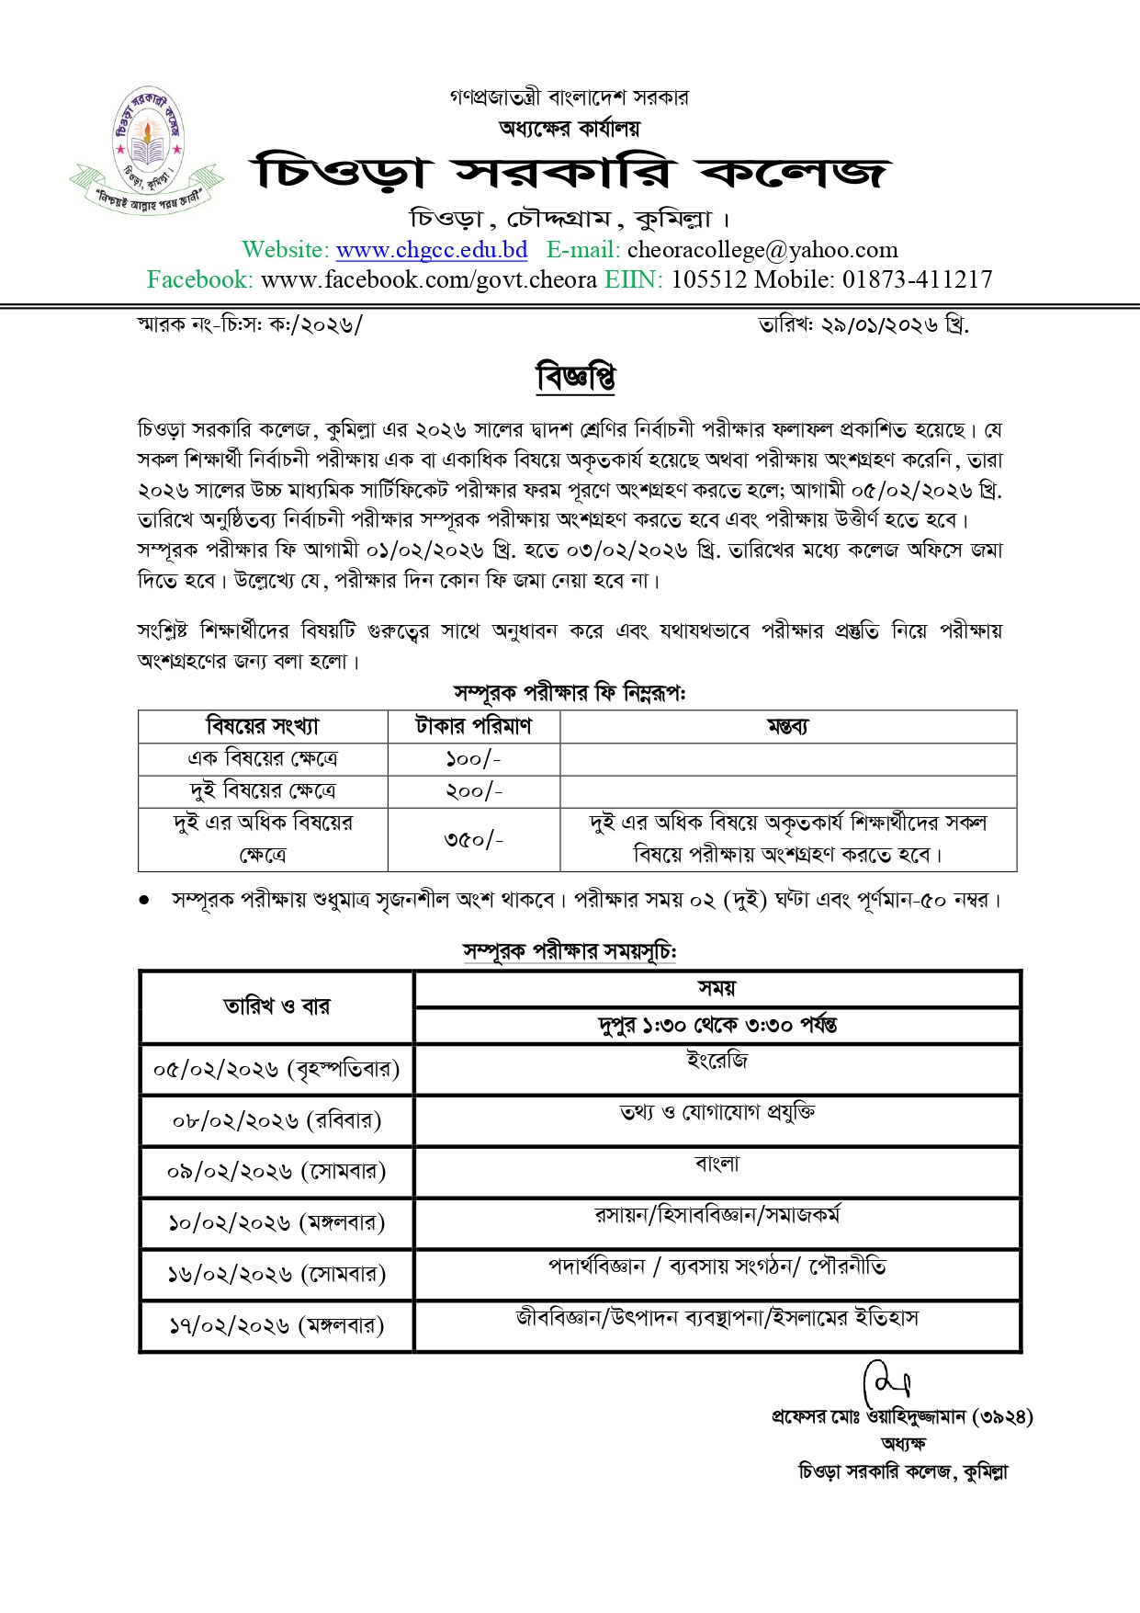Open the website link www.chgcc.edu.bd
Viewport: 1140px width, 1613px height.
pos(432,250)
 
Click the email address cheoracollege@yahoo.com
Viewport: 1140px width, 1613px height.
pos(762,250)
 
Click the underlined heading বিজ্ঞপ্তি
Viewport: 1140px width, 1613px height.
pos(576,377)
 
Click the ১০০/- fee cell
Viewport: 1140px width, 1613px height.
pos(473,759)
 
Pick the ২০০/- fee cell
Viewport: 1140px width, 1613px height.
pos(473,791)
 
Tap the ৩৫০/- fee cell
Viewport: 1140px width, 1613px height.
pos(473,839)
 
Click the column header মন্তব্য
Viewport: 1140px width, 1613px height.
pos(787,726)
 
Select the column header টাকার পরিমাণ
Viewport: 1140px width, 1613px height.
pos(473,726)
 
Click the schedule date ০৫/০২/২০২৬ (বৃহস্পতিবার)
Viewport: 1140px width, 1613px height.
pos(277,1069)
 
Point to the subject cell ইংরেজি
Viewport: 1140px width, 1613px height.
pos(717,1062)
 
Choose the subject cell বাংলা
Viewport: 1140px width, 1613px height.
pos(717,1164)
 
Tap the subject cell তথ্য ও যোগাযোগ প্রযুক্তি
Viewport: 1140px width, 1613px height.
pos(717,1113)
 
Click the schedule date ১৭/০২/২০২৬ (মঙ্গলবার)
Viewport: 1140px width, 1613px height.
pos(277,1325)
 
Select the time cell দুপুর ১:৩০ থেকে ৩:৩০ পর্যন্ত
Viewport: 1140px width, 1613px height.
pos(717,1025)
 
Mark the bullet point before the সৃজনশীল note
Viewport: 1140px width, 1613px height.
pos(144,901)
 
